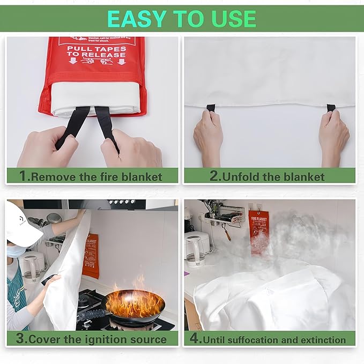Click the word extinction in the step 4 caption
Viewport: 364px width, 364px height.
pyautogui.click(x=320, y=339)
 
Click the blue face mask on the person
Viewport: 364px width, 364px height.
pyautogui.click(x=16, y=251)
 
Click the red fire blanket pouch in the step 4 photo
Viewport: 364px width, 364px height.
pyautogui.click(x=258, y=231)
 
